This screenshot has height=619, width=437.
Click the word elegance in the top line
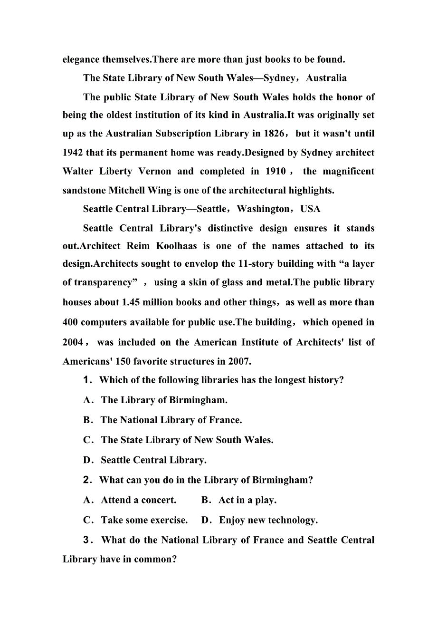click(81, 60)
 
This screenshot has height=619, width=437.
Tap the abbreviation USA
click(310, 209)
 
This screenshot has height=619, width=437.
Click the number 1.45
click(133, 302)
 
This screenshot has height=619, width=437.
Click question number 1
click(86, 380)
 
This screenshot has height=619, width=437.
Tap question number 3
click(86, 540)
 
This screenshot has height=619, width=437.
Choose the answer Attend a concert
click(138, 500)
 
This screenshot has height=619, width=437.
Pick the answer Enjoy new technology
click(268, 520)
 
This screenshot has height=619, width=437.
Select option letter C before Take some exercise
click(87, 520)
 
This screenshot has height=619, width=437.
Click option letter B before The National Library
click(87, 420)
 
